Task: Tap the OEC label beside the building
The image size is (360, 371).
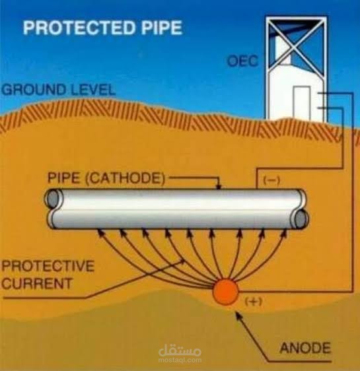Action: click(242, 61)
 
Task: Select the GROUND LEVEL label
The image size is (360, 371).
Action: click(58, 90)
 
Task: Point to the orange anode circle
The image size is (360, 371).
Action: click(225, 292)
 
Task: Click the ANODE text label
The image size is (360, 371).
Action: click(305, 348)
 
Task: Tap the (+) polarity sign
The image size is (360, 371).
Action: click(253, 302)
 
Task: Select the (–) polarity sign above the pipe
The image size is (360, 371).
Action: click(271, 180)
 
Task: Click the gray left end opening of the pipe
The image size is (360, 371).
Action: click(53, 199)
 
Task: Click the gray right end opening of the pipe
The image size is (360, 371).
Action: click(301, 219)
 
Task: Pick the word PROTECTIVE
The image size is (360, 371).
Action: click(48, 265)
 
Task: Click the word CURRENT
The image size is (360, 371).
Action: click(37, 283)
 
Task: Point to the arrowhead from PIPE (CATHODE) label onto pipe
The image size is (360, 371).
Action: click(219, 186)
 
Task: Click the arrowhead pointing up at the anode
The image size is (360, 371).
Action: click(237, 314)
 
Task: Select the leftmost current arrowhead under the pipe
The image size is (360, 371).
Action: click(100, 232)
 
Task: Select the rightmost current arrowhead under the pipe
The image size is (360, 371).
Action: click(283, 232)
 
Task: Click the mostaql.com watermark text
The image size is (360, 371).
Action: click(180, 360)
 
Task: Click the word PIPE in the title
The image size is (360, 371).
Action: click(162, 28)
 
